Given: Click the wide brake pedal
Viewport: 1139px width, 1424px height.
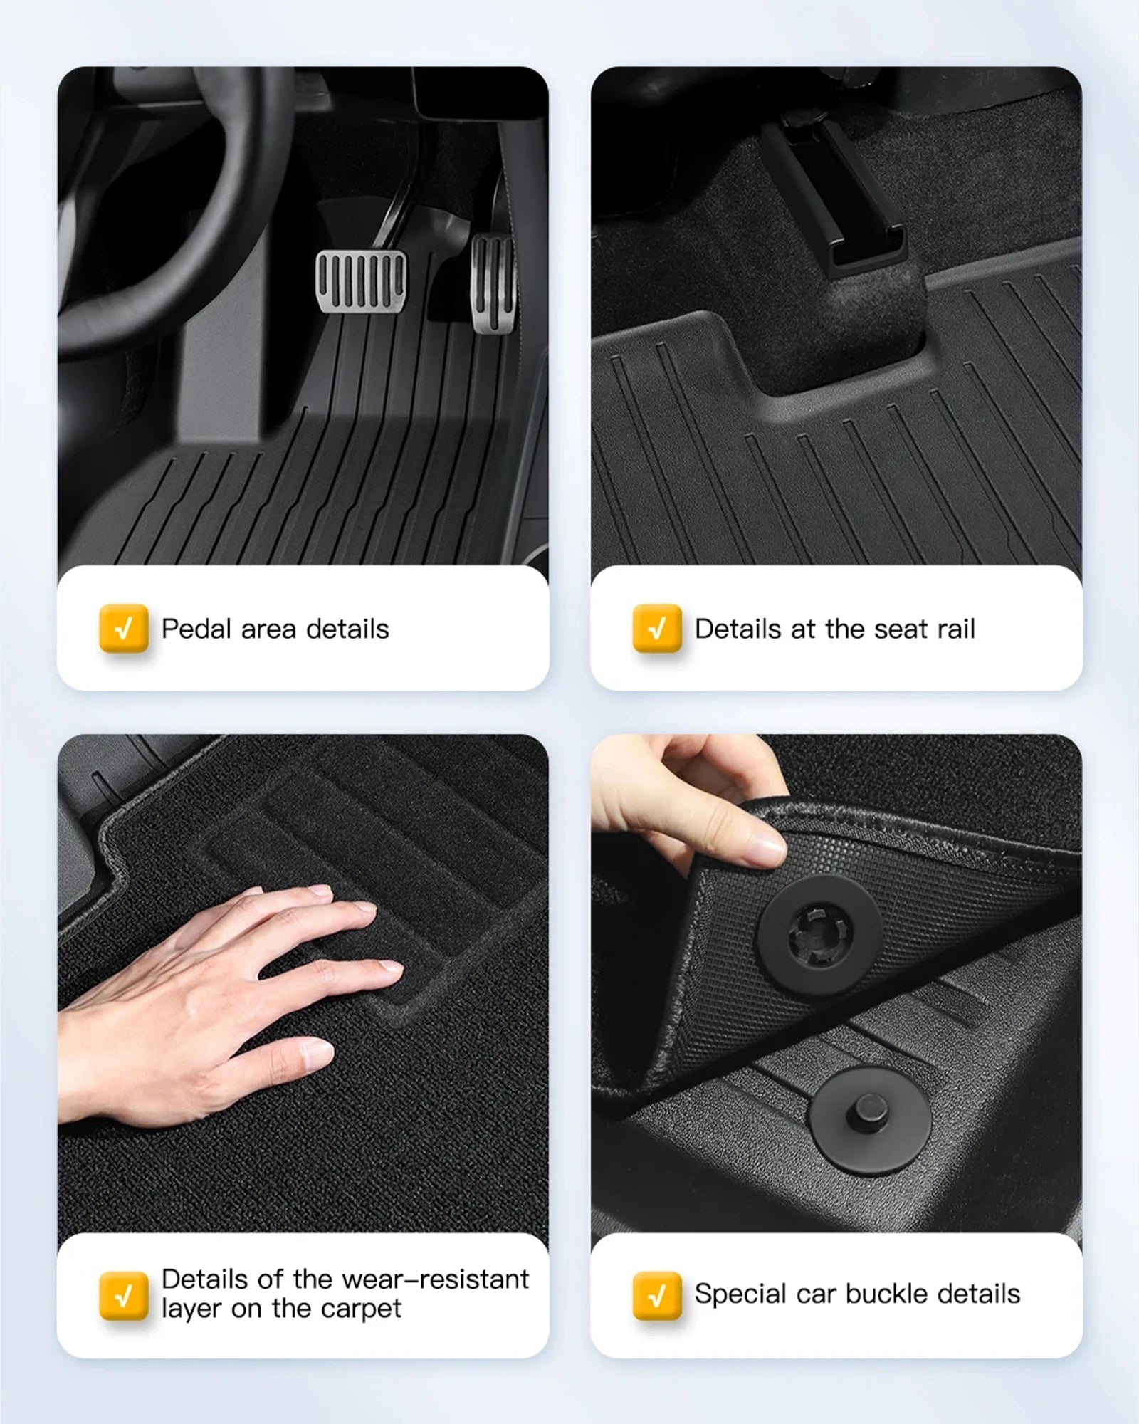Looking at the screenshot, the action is click(x=362, y=281).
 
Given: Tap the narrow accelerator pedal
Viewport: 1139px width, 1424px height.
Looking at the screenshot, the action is click(x=493, y=283).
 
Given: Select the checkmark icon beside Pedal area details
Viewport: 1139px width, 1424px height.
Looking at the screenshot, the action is click(x=124, y=629).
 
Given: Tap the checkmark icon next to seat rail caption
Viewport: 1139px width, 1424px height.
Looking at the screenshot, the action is click(x=657, y=629).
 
